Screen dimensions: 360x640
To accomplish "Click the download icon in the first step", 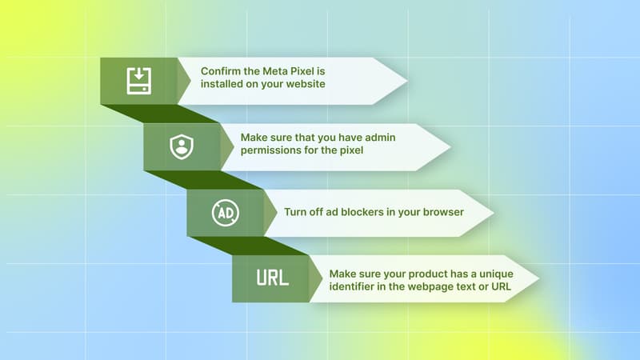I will (x=138, y=81).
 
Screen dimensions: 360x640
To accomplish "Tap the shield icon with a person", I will (x=182, y=146).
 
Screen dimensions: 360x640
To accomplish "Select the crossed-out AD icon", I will (x=224, y=213).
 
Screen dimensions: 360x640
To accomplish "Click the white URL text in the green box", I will (x=272, y=278).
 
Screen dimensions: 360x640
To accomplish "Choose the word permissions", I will (x=274, y=150).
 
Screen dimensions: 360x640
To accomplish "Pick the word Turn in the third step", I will (x=297, y=214).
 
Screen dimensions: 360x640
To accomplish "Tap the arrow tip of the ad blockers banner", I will (x=493, y=213).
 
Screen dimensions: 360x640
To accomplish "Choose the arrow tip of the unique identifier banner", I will (x=538, y=279).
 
